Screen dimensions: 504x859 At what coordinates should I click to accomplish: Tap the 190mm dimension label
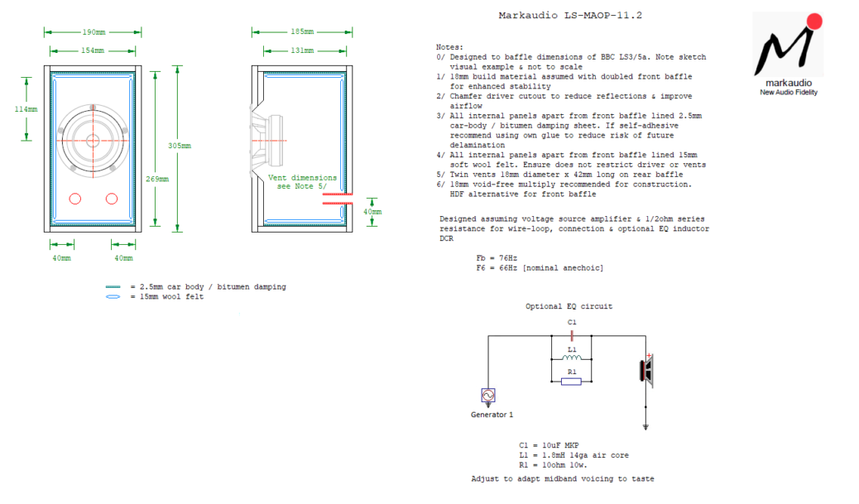(94, 32)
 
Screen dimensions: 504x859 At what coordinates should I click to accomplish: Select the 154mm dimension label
(94, 50)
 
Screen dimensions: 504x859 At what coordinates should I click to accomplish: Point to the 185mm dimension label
(302, 32)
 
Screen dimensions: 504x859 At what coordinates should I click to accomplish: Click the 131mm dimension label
(302, 50)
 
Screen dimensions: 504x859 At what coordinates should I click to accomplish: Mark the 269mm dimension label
(158, 179)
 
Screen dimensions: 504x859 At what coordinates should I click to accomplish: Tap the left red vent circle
(75, 199)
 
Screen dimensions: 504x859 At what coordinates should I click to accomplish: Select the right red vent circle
(112, 199)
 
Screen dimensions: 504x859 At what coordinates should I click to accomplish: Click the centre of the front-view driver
(94, 138)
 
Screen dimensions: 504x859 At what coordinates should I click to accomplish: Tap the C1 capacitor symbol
(571, 336)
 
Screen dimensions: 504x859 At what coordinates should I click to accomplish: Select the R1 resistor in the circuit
(571, 382)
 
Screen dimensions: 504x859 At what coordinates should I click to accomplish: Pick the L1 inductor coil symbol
(571, 358)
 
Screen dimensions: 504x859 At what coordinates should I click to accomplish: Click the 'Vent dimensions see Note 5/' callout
(302, 181)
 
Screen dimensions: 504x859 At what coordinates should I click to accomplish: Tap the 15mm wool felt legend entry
(166, 296)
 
